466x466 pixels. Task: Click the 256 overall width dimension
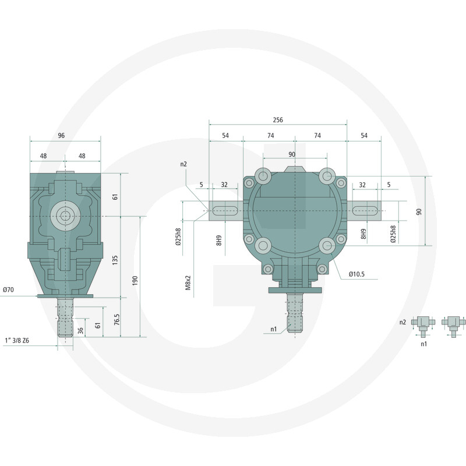[x=277, y=120]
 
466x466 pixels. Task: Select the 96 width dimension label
[x=61, y=135]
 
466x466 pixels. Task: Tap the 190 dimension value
[x=135, y=280]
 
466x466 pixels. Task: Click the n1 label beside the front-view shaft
[x=273, y=330]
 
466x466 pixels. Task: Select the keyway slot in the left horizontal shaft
[x=224, y=210]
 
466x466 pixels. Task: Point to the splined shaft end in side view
[x=65, y=319]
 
